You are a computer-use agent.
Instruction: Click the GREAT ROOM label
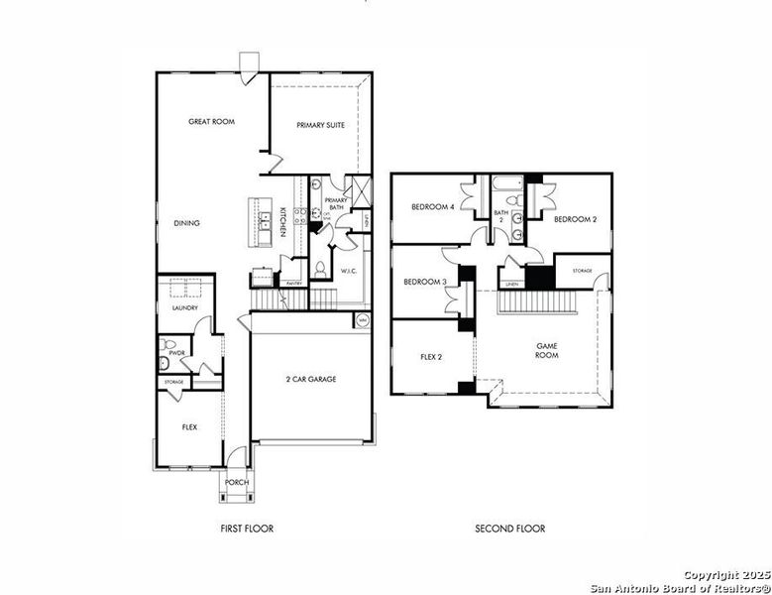(211, 122)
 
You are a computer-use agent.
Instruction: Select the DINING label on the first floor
(187, 223)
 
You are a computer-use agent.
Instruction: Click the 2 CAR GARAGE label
(311, 380)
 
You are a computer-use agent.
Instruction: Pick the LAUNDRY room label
(185, 308)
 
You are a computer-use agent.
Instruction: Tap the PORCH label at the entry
(237, 483)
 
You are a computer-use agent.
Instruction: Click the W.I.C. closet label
(349, 270)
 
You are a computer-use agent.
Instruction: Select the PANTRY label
(294, 284)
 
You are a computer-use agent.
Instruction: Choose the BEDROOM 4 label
(433, 207)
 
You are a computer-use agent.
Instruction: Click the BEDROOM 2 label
(575, 219)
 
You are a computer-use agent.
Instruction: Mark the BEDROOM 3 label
(424, 282)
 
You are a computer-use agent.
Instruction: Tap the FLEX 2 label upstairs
(431, 357)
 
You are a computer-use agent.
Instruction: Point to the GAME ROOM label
(547, 351)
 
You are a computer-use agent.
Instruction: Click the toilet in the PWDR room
(165, 363)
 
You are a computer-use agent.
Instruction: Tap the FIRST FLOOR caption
(247, 529)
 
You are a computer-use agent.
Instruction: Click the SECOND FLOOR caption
(509, 529)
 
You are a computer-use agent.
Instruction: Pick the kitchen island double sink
(265, 221)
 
